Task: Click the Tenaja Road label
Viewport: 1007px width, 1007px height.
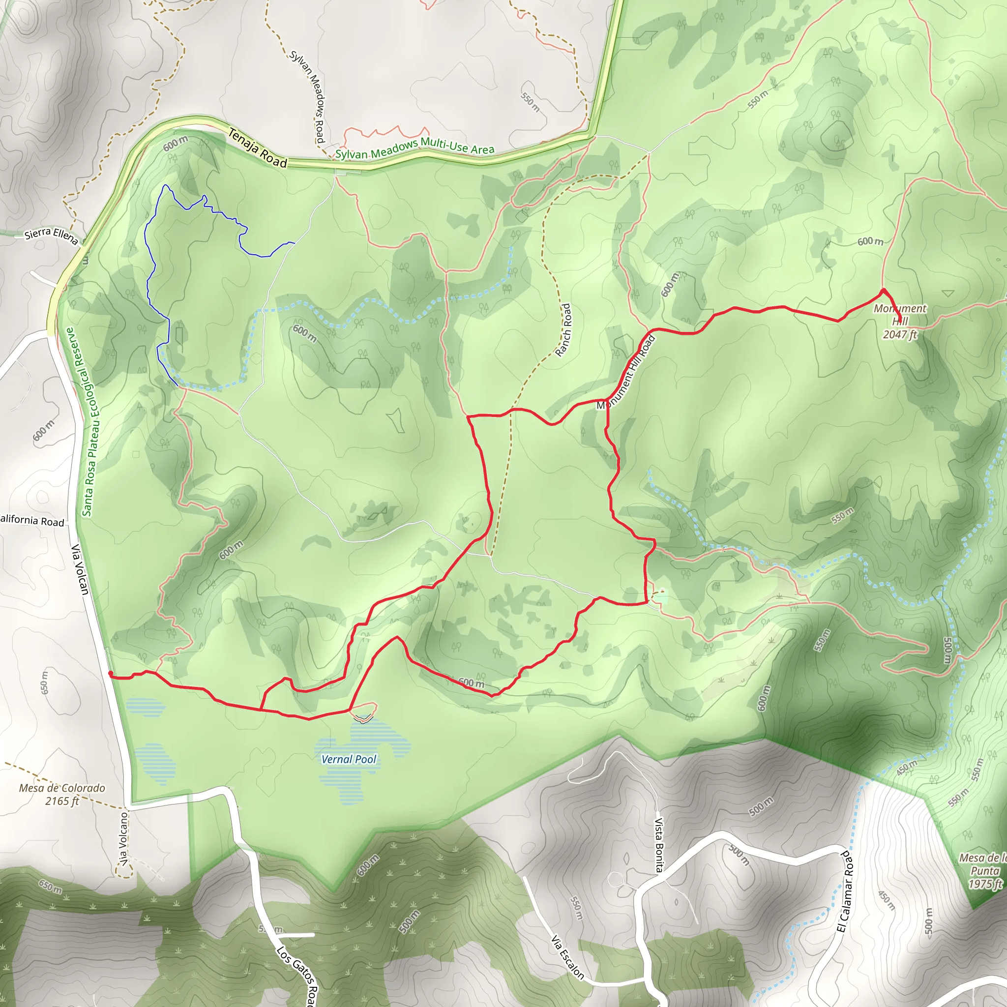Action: [x=258, y=149]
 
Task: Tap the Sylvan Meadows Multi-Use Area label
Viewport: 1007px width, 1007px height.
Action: [x=415, y=148]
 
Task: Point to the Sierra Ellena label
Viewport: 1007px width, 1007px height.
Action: [x=52, y=235]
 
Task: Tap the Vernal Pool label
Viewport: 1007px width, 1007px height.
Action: [x=349, y=759]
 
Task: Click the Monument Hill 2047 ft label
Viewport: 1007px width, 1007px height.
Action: [x=900, y=321]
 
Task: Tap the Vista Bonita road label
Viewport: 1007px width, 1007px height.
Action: [x=659, y=844]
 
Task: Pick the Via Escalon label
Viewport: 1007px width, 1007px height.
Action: [x=567, y=957]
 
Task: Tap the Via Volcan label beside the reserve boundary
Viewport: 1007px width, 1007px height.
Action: [x=80, y=569]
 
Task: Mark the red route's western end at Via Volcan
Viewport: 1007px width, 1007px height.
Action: [x=110, y=674]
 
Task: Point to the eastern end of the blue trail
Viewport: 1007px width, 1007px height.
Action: [x=295, y=243]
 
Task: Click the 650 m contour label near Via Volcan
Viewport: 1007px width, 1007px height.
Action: [x=44, y=683]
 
